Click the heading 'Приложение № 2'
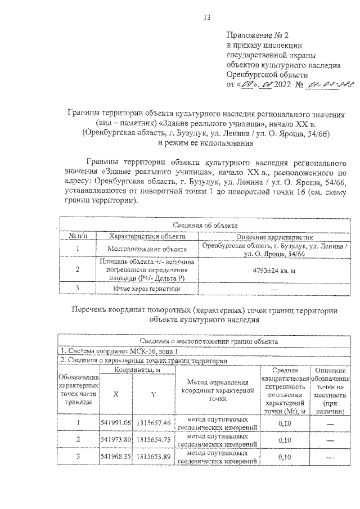256,35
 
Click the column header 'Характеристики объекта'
147,237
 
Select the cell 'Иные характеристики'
147,289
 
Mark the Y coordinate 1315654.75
153,439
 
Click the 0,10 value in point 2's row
285,439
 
